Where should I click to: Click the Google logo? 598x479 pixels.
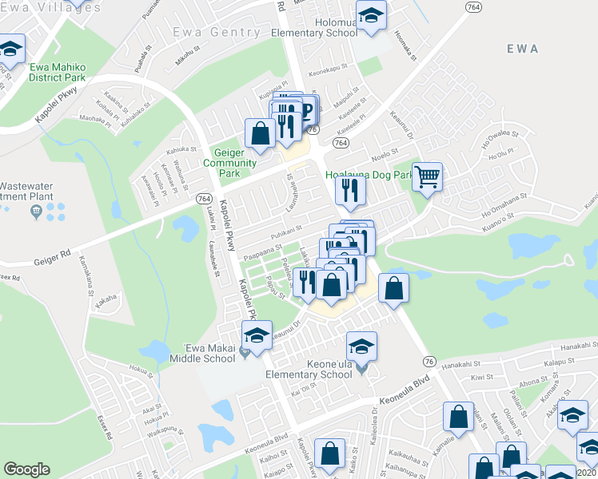(26, 469)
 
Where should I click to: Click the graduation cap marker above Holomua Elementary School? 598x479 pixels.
(371, 16)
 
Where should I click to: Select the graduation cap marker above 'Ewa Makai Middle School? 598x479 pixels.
(257, 334)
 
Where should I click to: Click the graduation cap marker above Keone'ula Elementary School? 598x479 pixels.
(361, 346)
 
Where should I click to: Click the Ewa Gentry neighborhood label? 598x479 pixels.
(216, 33)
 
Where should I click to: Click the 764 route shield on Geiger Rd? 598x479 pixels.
(203, 199)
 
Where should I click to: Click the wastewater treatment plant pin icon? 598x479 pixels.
(36, 211)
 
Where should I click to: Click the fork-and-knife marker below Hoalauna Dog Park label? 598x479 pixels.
(349, 190)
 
